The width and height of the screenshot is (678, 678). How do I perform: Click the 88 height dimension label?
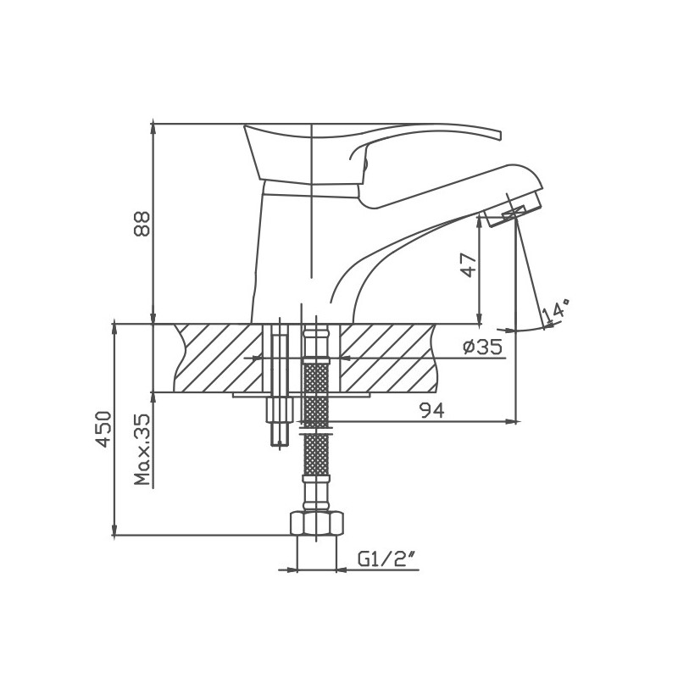click(142, 223)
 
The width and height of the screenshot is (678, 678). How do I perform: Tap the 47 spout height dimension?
click(470, 264)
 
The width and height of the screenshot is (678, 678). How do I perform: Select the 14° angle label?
click(557, 310)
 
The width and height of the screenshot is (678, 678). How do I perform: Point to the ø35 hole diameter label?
click(482, 347)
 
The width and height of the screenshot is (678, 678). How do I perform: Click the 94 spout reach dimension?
click(432, 410)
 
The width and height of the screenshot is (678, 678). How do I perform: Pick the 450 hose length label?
click(103, 429)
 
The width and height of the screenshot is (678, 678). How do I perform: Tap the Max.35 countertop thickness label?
click(142, 449)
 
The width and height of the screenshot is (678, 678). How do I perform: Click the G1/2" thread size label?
click(386, 559)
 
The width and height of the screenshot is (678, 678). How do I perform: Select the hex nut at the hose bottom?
click(316, 524)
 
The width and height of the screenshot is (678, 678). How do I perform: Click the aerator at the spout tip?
click(514, 211)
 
